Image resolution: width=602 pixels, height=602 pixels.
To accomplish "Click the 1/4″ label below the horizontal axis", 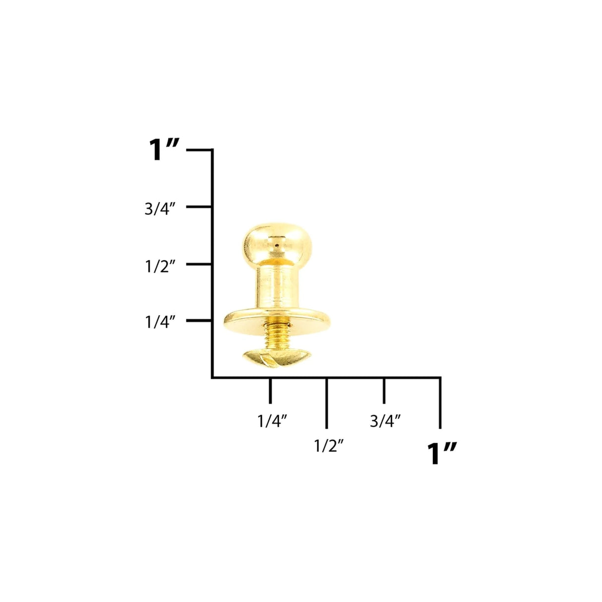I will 272,421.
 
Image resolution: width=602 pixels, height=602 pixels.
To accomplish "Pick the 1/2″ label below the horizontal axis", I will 329,446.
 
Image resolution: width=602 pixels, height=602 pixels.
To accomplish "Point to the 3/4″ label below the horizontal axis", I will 385,421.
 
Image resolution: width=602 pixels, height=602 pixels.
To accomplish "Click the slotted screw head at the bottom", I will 270,358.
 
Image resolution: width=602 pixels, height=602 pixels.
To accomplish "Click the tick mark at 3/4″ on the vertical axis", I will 199,206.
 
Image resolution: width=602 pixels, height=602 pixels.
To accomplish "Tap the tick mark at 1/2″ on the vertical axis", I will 199,264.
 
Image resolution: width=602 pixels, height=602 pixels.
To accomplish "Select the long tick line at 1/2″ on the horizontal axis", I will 326,403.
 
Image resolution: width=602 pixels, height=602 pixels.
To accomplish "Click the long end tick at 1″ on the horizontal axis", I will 440,403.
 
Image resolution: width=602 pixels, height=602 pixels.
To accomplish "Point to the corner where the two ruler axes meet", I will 213,377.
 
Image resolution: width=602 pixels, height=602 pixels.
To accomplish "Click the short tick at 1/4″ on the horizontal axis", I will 270,390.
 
